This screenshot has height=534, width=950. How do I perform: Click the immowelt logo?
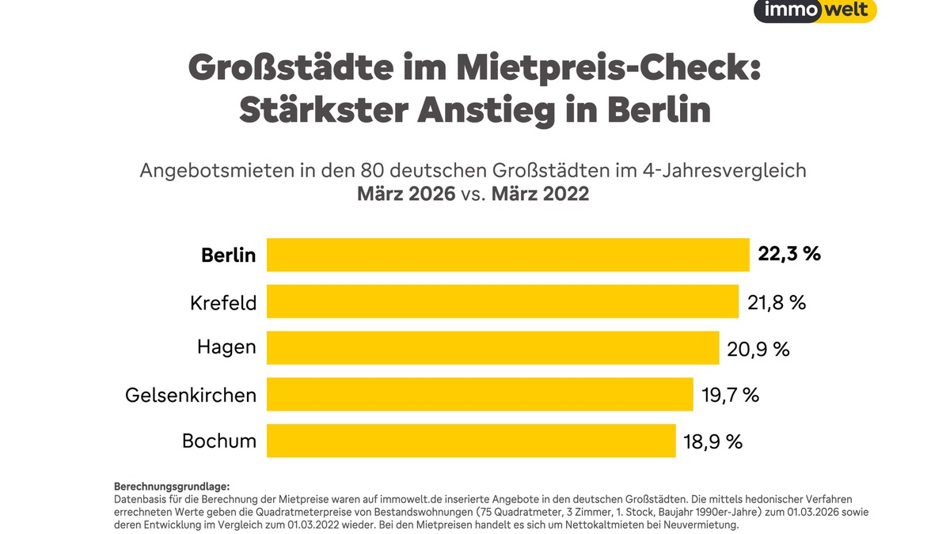coord(815,10)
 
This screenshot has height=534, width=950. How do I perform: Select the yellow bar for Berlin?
coord(507,255)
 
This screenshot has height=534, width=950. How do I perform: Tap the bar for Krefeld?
coord(502,301)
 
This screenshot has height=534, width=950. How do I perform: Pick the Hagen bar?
coord(492,348)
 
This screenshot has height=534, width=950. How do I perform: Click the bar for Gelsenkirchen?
coord(480,394)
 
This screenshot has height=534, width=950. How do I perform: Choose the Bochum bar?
coord(471,441)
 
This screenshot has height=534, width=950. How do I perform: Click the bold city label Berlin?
coord(228,256)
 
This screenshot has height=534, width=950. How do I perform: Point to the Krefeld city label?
coord(223,302)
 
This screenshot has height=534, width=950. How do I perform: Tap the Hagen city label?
coord(226,348)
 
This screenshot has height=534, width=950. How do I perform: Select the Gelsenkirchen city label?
coord(191,395)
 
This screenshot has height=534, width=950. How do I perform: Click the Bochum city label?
coord(219,441)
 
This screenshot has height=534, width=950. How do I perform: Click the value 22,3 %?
coord(789,255)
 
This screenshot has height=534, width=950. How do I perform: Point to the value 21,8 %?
coord(777,301)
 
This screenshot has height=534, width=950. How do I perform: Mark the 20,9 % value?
coord(758,348)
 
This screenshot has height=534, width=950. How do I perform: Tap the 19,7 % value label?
coord(730,394)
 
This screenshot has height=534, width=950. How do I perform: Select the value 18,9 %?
coord(712,441)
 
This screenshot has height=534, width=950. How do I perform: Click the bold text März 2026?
coord(406,193)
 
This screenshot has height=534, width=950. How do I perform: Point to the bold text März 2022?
coord(540,193)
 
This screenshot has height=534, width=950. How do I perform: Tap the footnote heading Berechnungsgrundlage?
coord(172,486)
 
